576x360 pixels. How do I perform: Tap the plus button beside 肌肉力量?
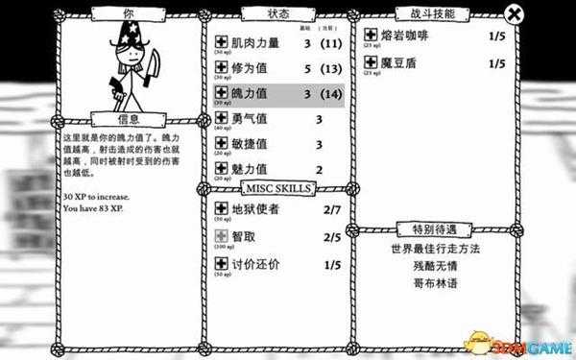pyautogui.click(x=219, y=43)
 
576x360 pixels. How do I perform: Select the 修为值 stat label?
pyautogui.click(x=249, y=69)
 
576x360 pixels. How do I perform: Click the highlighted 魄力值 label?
pyautogui.click(x=249, y=94)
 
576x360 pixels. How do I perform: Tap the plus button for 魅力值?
pyautogui.click(x=219, y=169)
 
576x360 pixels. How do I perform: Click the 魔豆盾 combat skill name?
pyautogui.click(x=400, y=63)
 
